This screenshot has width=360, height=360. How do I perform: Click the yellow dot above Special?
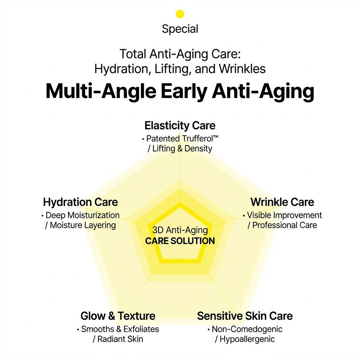[180, 14]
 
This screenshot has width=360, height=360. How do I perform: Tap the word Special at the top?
[180, 29]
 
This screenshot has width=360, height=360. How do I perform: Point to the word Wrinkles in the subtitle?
[242, 69]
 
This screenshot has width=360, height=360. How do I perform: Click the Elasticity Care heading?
[180, 126]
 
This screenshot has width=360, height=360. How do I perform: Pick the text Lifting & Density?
[182, 149]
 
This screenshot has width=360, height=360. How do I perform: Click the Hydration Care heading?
[81, 202]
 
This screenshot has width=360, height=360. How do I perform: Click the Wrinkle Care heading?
[282, 202]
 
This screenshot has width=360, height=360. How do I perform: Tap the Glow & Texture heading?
[118, 316]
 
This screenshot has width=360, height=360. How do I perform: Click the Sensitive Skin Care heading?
[245, 316]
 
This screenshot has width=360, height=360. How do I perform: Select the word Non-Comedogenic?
[247, 329]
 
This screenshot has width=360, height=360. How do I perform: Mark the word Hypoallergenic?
[247, 339]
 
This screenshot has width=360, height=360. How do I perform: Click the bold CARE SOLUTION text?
[180, 241]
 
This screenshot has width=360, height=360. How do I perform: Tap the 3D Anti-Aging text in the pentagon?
[180, 230]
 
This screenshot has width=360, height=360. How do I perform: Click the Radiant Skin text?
[120, 339]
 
